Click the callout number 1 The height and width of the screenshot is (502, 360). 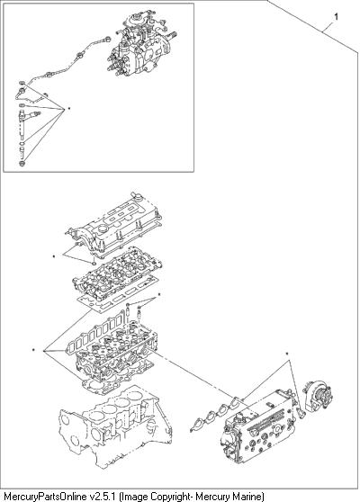pos(336,17)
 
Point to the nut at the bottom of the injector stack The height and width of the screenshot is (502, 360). pos(22,164)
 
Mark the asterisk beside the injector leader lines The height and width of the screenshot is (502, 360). pos(69,109)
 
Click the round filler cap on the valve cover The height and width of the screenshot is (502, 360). pos(103,229)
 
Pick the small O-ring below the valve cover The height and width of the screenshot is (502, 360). pos(93,264)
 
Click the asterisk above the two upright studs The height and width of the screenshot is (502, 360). pos(159,294)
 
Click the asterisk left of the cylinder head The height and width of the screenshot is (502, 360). pos(33,350)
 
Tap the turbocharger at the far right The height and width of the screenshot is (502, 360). pos(318,395)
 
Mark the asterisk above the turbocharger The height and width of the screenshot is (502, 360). pos(287,354)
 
